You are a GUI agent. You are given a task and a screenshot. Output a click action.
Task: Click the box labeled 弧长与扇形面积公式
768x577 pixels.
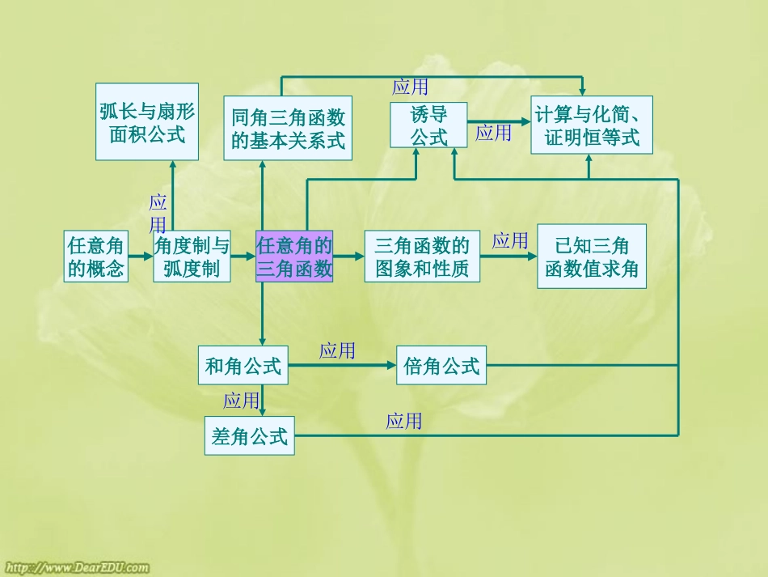click(147, 122)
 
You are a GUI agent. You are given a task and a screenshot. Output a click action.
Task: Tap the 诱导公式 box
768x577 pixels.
click(428, 125)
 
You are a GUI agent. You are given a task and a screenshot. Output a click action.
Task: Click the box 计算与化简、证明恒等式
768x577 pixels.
click(592, 125)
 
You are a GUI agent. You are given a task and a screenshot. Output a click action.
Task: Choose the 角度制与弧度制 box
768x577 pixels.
click(192, 257)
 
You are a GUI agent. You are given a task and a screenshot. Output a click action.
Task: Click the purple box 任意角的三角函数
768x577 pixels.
click(294, 257)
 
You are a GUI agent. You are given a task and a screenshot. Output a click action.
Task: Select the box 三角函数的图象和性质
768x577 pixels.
click(422, 257)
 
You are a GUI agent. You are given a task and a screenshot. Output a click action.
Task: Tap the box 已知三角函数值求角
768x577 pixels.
click(592, 257)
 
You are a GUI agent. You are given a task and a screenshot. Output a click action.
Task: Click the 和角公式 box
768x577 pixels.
click(243, 366)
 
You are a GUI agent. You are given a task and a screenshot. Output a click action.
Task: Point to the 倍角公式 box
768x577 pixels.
click(441, 366)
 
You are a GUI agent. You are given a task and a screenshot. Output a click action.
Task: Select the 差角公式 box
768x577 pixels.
click(249, 436)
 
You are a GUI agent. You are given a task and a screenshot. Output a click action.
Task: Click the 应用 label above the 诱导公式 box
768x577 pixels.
click(410, 87)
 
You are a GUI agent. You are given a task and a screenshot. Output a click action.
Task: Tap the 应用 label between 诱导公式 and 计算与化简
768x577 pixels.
click(493, 133)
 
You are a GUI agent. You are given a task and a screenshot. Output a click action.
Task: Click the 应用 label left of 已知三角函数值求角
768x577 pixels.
click(509, 240)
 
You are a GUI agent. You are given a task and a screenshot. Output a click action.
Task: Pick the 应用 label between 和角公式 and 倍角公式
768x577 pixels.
click(337, 350)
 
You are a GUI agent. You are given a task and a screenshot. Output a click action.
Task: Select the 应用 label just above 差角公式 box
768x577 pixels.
click(241, 400)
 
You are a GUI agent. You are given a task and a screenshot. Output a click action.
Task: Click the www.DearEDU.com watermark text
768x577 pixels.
click(78, 567)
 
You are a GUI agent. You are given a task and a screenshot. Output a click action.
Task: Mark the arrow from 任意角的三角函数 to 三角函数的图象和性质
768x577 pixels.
click(348, 257)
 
